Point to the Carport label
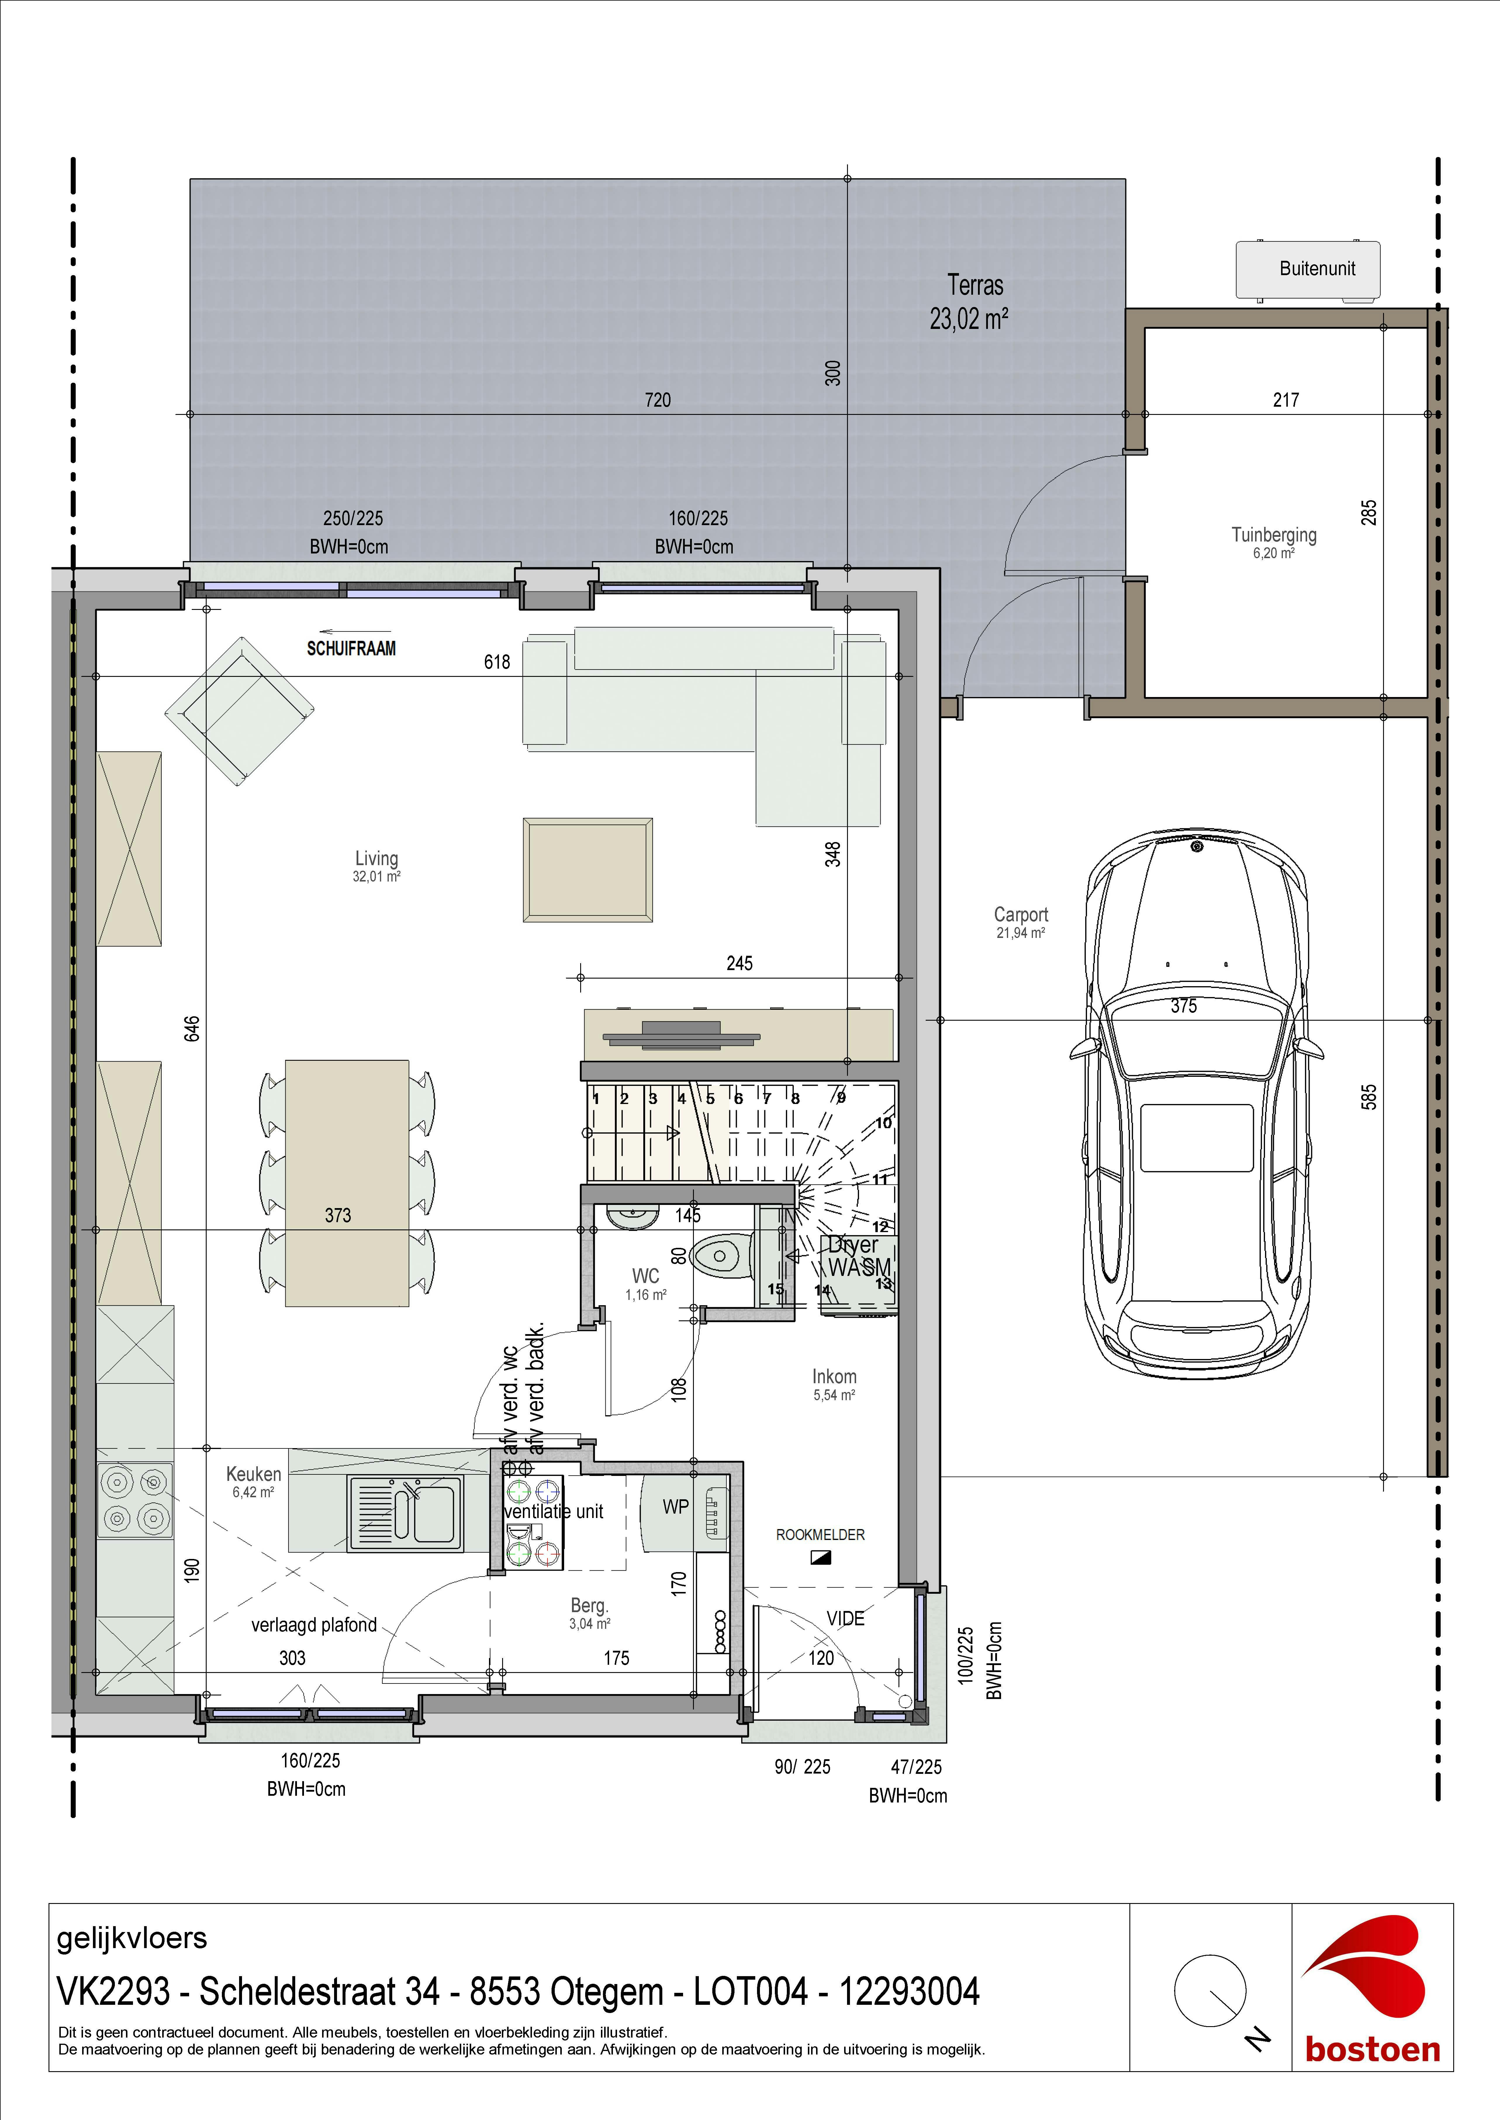1021,915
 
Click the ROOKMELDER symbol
820,1557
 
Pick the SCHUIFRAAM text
351,648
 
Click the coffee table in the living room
587,869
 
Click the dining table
346,1182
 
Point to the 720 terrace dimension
658,400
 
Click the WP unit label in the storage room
675,1507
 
